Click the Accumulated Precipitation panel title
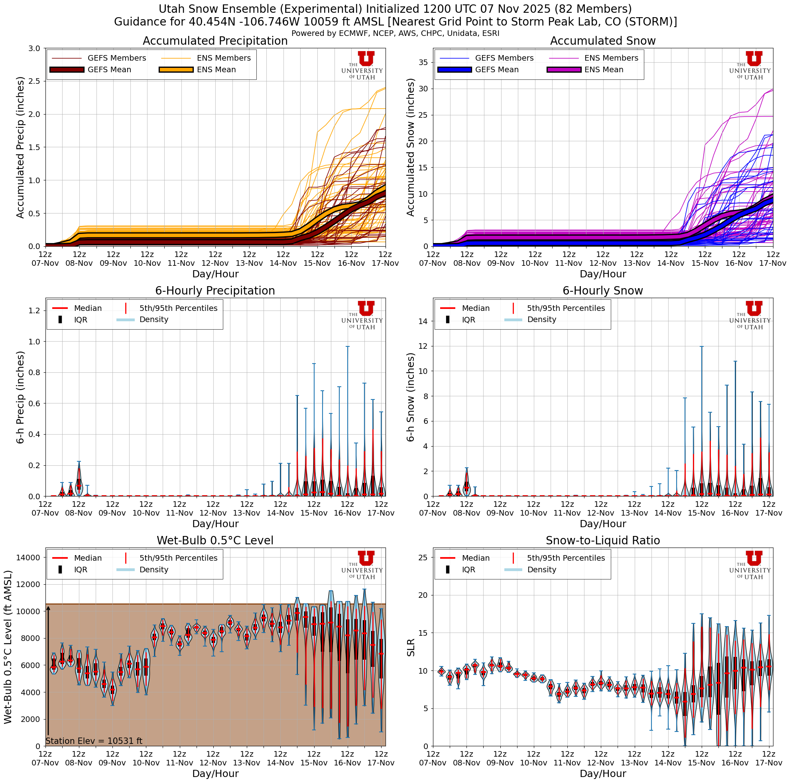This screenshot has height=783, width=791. point(215,41)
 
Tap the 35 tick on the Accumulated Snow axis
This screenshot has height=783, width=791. point(422,62)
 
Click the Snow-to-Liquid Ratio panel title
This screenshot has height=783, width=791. point(603,540)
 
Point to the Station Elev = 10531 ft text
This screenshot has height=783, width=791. point(94,741)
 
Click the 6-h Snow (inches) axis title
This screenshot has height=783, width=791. point(411,397)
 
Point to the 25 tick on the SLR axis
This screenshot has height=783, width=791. point(423,557)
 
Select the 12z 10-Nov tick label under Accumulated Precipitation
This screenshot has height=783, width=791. point(147,259)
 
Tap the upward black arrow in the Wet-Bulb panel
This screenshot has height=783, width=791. point(48,672)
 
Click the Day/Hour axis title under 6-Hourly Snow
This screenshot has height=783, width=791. point(603,524)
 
